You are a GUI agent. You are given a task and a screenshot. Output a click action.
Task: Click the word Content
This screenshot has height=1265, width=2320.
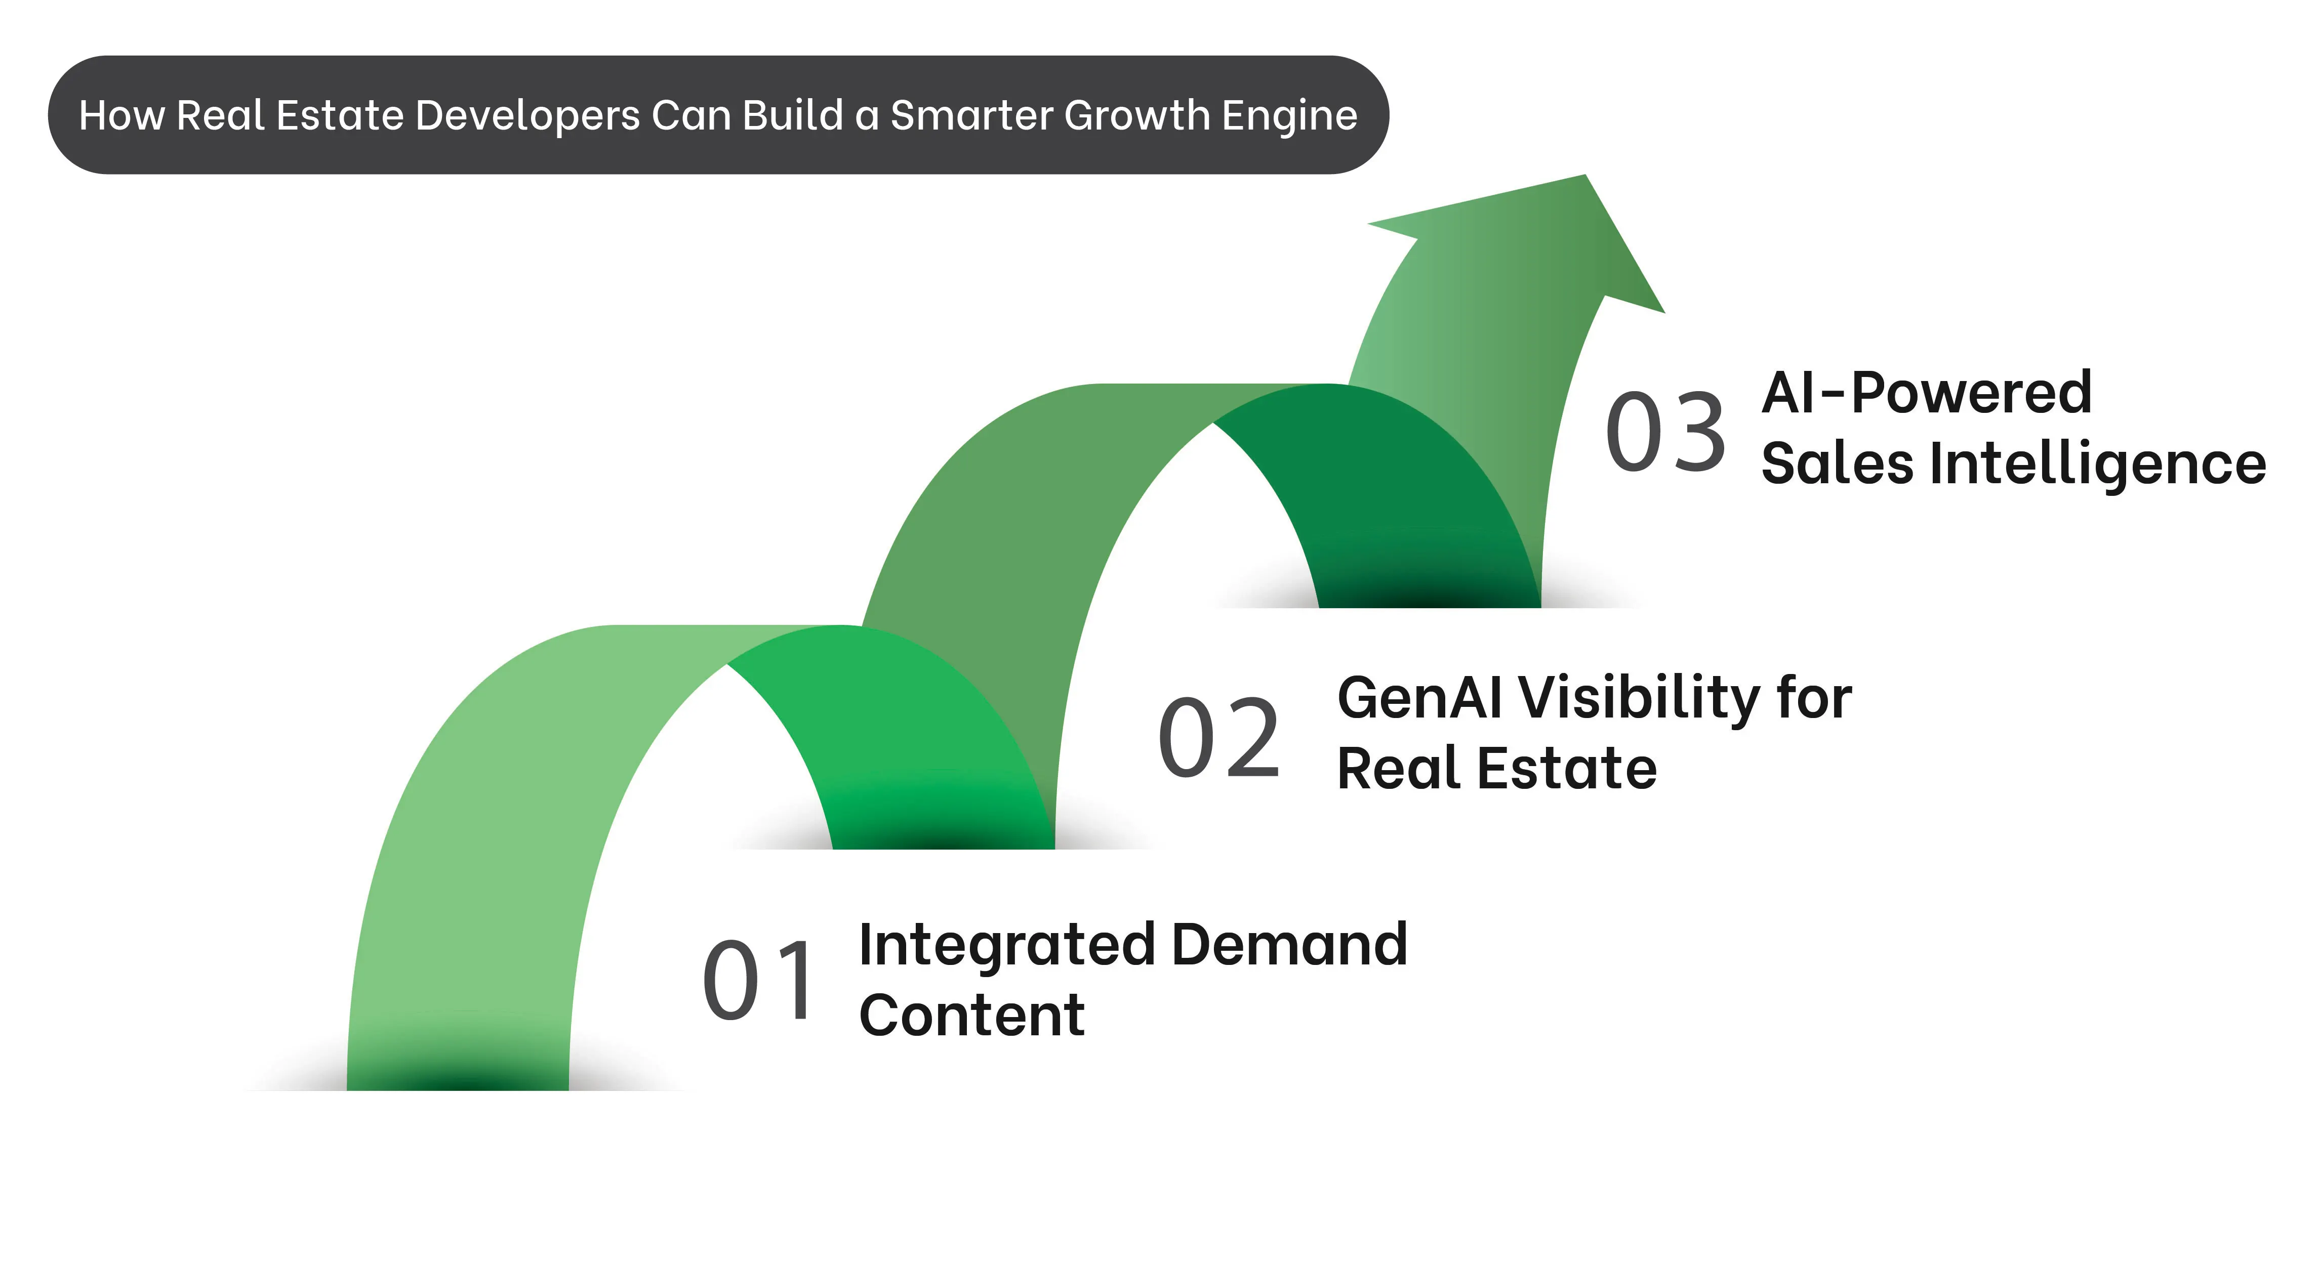click(972, 1016)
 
